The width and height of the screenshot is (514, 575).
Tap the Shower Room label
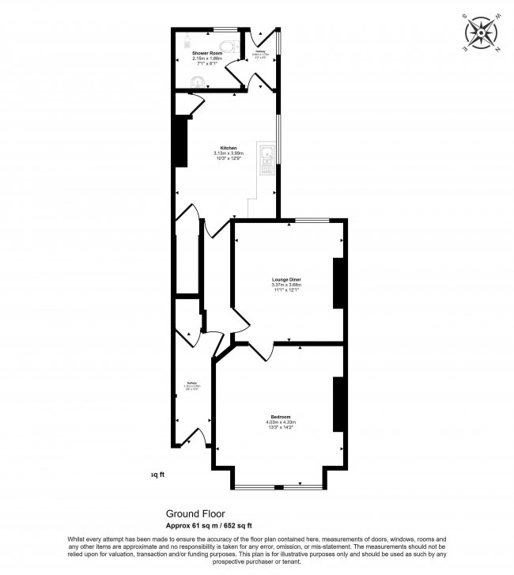(207, 52)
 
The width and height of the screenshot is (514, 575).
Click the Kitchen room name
(229, 148)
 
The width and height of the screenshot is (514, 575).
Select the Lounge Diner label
(286, 280)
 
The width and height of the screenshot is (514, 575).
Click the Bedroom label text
(280, 417)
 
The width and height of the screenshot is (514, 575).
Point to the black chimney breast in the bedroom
(338, 403)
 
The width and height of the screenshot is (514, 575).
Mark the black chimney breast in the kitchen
(181, 141)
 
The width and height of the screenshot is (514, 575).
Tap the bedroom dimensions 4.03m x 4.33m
(280, 422)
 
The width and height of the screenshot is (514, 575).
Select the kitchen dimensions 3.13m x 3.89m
(229, 153)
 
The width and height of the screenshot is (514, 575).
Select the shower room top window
(225, 29)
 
